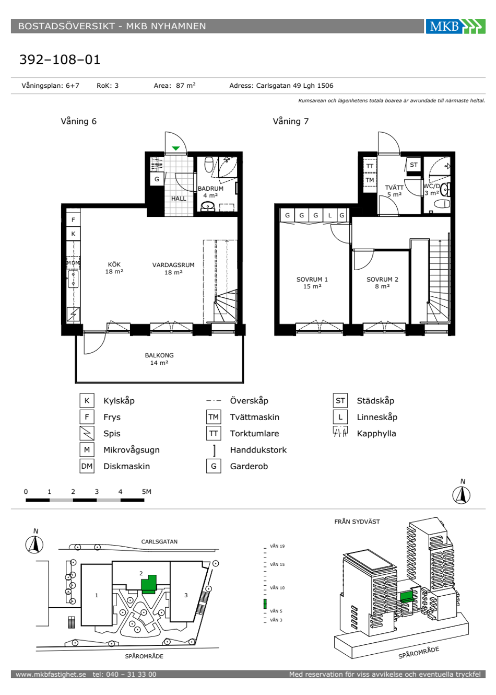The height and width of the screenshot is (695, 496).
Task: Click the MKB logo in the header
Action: [x=455, y=26]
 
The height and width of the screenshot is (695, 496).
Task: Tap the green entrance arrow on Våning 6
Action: [x=176, y=148]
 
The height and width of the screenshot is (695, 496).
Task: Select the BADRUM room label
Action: [x=210, y=188]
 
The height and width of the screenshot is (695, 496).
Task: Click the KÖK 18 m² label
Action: [x=114, y=268]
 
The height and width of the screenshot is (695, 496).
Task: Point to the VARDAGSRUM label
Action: [x=173, y=265]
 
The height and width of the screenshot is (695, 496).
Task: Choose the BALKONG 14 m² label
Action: [x=159, y=359]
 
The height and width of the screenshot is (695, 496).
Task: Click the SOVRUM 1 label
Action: [x=312, y=279]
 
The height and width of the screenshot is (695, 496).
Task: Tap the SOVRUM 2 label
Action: [x=382, y=279]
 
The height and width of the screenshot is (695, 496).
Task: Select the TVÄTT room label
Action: [x=394, y=188]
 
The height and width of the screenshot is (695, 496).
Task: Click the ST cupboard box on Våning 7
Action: [x=414, y=165]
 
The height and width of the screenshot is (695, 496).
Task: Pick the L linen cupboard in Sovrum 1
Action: [x=330, y=215]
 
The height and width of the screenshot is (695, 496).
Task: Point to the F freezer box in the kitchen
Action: [x=73, y=219]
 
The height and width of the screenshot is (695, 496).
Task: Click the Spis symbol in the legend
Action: [x=87, y=433]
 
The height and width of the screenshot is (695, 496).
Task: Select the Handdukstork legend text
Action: [x=258, y=450]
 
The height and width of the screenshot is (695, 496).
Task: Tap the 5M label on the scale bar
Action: [x=147, y=491]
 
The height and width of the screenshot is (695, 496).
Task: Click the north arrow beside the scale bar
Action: [x=462, y=495]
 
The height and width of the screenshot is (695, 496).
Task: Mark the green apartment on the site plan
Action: [x=149, y=584]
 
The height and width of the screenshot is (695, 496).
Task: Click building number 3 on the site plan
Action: [x=186, y=595]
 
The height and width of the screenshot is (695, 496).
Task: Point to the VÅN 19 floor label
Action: [x=277, y=546]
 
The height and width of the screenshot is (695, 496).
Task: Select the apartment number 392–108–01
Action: [x=60, y=60]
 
